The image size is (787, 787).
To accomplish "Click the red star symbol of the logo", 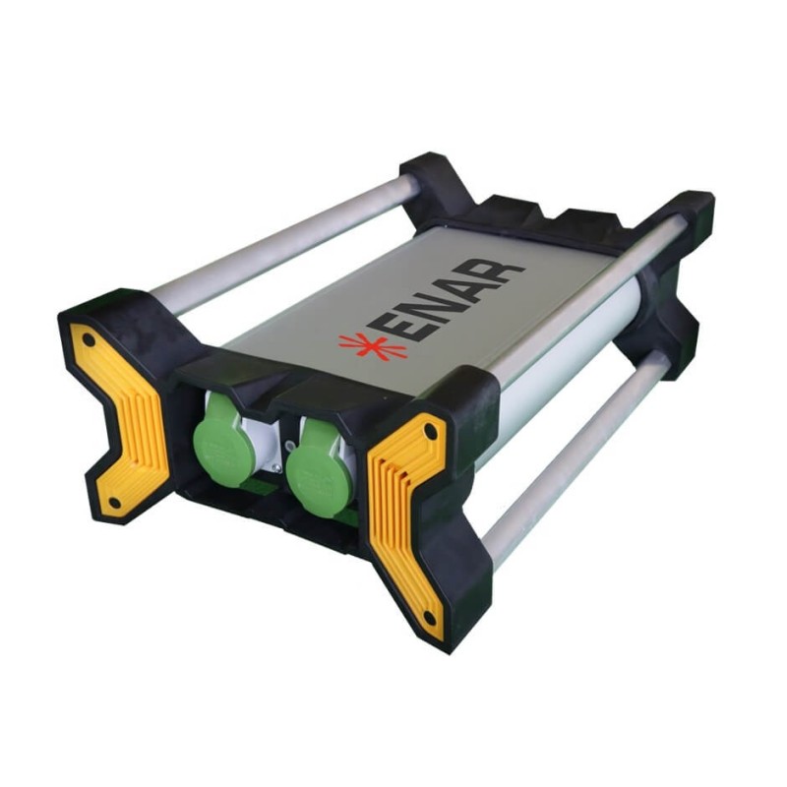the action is coord(372,346).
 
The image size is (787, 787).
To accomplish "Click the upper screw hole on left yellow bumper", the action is coord(89,340).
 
